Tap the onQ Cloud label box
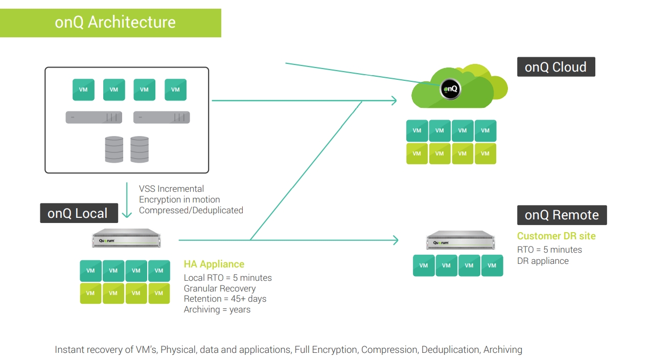(555, 67)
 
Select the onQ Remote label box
(562, 215)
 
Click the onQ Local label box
(79, 213)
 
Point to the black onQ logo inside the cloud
(450, 89)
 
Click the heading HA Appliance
(214, 264)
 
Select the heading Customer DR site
(556, 236)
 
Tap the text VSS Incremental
(171, 189)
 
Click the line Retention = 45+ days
(225, 299)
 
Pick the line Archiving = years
(217, 309)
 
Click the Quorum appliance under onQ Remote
(460, 240)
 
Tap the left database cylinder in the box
(114, 149)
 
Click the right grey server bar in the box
(161, 118)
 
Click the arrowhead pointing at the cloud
(393, 101)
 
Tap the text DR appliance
(543, 261)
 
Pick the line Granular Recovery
(220, 288)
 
